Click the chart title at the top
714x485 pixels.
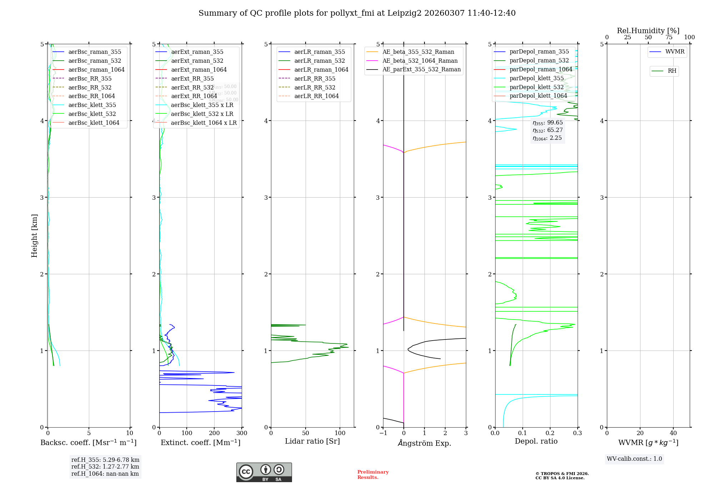357,13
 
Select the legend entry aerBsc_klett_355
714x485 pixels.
92,105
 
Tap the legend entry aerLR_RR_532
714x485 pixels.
315,87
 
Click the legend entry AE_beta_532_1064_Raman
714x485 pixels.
420,61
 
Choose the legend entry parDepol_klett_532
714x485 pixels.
536,87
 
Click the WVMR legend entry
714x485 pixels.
675,52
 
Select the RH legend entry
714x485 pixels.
672,71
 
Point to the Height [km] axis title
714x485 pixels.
34,235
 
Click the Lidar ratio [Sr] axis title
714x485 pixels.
312,441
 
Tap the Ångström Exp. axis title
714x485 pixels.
424,443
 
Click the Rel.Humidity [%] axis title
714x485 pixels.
648,31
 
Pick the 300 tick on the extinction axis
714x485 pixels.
242,433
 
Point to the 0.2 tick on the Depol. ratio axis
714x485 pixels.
550,433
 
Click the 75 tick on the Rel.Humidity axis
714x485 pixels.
669,37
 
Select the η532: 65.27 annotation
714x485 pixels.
548,130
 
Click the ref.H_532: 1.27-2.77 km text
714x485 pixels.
105,466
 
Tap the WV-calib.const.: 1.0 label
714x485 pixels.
634,459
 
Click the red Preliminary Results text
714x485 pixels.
373,474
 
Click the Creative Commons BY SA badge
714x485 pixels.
264,472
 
